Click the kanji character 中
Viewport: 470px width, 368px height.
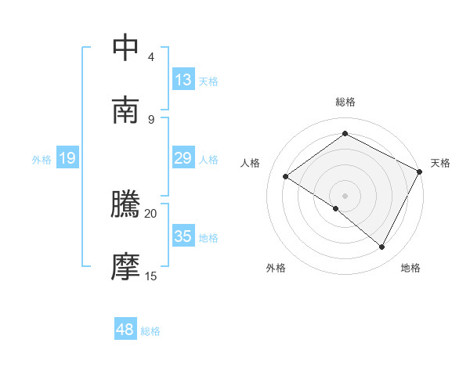coord(126,48)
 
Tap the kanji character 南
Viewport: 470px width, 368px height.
coord(126,110)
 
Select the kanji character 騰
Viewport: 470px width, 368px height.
coord(126,205)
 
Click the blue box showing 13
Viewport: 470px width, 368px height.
coord(183,80)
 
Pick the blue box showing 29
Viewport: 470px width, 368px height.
coord(183,158)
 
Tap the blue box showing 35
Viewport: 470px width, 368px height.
coord(183,236)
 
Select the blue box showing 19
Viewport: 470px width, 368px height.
coord(67,158)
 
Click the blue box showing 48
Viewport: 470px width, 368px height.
coord(125,330)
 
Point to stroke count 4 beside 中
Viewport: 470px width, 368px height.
coord(151,57)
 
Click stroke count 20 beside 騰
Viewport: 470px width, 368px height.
coord(151,213)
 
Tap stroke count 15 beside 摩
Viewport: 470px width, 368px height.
coord(151,276)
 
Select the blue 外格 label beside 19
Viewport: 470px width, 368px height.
coord(42,160)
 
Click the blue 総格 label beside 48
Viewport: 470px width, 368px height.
coord(150,332)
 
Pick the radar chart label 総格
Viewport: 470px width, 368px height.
coord(345,102)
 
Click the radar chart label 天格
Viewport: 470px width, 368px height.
coord(440,163)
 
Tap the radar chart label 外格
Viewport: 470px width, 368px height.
coord(276,269)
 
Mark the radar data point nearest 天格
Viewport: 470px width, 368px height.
coord(420,171)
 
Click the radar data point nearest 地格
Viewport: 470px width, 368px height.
coord(382,247)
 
